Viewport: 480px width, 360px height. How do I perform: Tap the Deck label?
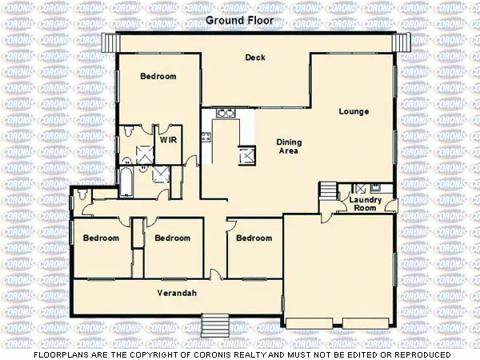255,57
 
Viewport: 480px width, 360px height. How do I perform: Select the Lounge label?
353,110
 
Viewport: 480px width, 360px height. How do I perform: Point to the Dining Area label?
289,146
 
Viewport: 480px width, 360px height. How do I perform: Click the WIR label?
168,139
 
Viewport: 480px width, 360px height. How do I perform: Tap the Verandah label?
177,292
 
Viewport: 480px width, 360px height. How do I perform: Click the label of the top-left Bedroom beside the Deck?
158,77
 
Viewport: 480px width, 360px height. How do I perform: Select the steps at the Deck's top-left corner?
110,42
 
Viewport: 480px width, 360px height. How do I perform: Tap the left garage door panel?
312,324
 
